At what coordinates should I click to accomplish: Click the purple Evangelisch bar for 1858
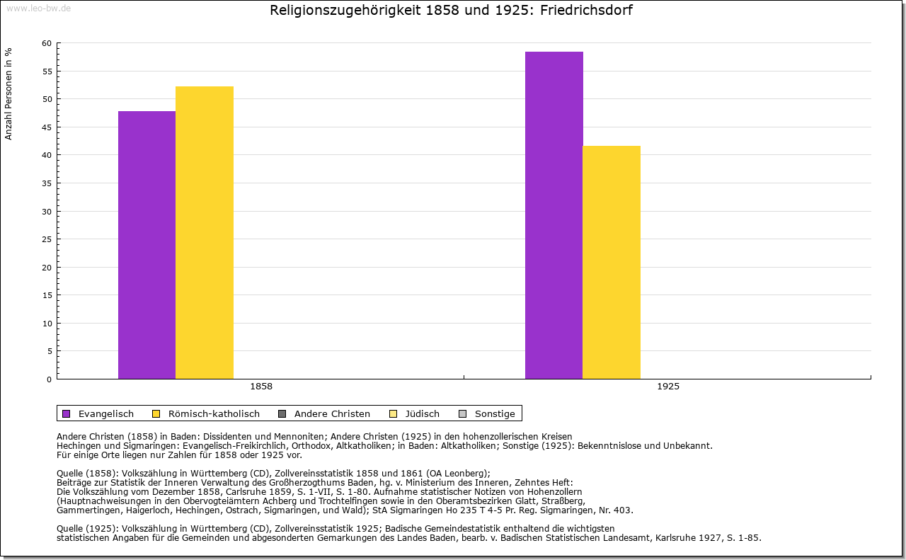coord(147,244)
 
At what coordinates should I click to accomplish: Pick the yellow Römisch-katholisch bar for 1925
coord(611,262)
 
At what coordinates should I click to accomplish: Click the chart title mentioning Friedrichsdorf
coord(451,11)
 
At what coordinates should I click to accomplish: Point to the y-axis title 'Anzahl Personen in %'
coord(8,93)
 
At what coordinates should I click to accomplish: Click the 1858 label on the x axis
coord(261,387)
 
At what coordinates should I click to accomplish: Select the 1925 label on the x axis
coord(667,387)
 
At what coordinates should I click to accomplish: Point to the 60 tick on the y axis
coord(47,43)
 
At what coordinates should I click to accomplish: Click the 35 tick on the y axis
coord(47,183)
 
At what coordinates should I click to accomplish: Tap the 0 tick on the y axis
coord(49,379)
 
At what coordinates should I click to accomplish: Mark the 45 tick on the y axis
coord(47,127)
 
